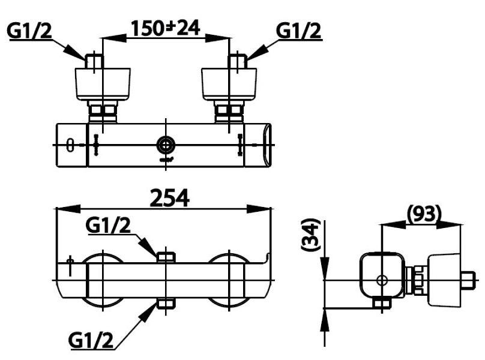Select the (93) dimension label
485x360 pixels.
[424, 212]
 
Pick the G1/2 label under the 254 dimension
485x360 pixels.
[108, 226]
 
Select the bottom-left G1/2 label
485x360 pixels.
[91, 340]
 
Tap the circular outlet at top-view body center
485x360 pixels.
[165, 145]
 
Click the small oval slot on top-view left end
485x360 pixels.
[70, 145]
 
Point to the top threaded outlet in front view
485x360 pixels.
[166, 257]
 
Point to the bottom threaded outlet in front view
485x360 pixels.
[166, 304]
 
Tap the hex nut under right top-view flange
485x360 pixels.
[229, 111]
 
